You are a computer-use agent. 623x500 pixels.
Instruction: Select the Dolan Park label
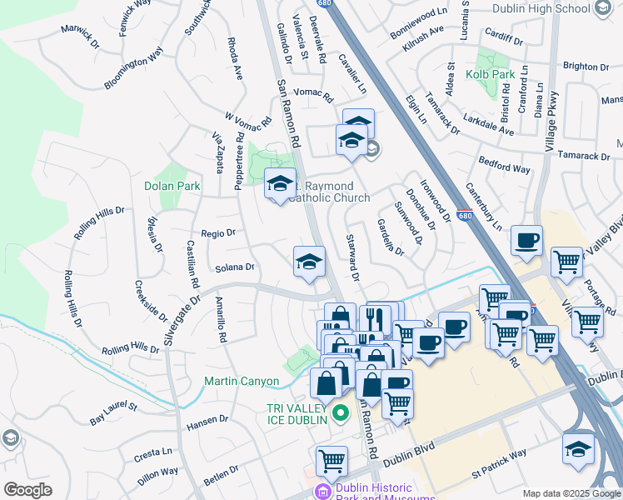[172, 187]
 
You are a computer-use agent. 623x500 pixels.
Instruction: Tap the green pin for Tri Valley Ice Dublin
[340, 412]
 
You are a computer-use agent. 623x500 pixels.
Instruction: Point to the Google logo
[28, 490]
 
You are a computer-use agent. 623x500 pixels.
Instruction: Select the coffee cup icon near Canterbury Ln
[526, 242]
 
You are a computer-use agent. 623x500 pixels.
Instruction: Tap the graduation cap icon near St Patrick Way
[578, 449]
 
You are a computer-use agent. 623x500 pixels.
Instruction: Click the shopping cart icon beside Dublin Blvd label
[331, 461]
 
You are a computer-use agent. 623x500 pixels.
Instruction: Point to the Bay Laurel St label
[115, 407]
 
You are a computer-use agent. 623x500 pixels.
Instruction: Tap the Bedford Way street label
[504, 164]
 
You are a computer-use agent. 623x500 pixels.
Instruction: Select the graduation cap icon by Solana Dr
[308, 262]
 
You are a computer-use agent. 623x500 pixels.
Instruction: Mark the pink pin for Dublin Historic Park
[322, 492]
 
